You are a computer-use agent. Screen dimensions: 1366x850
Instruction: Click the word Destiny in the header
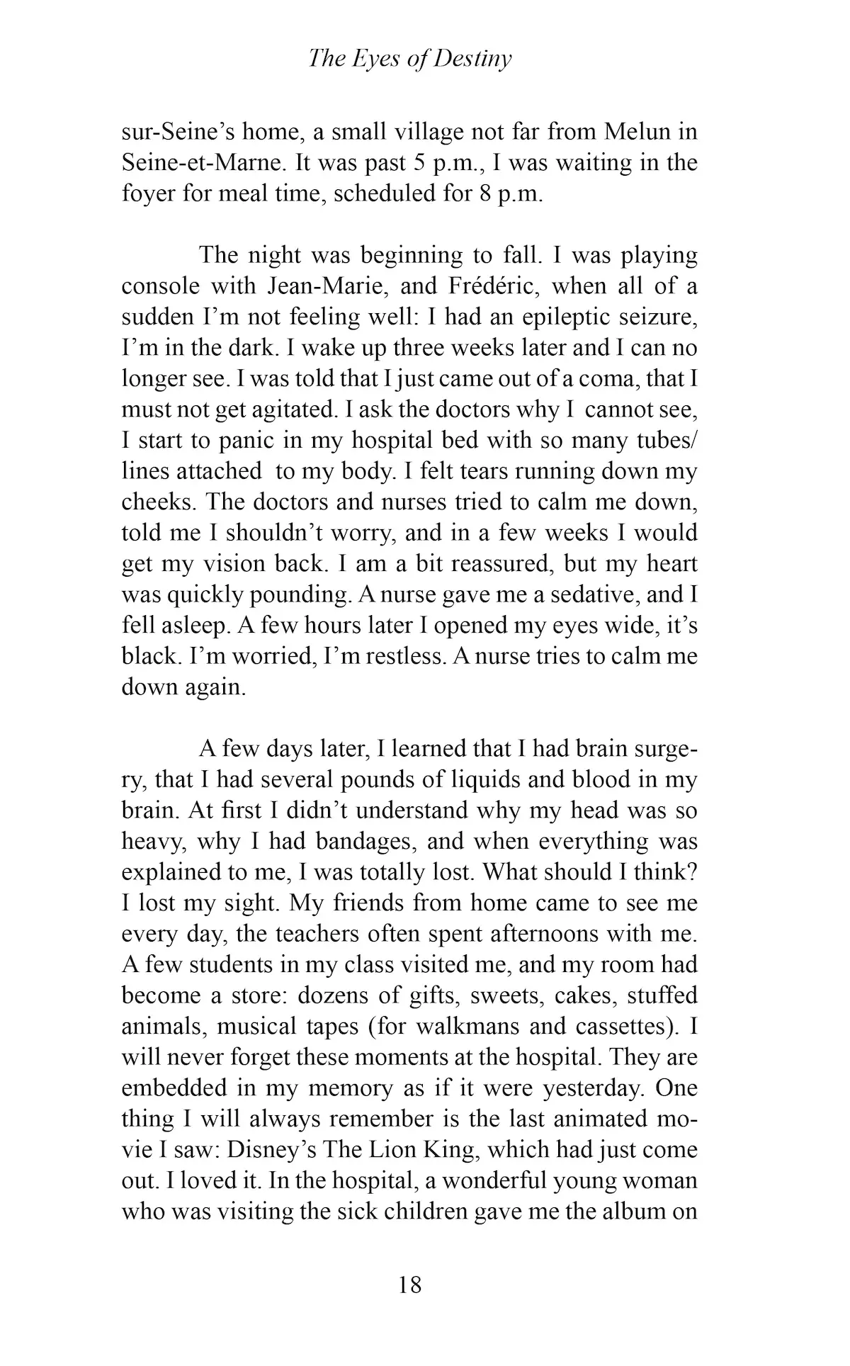pos(472,60)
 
